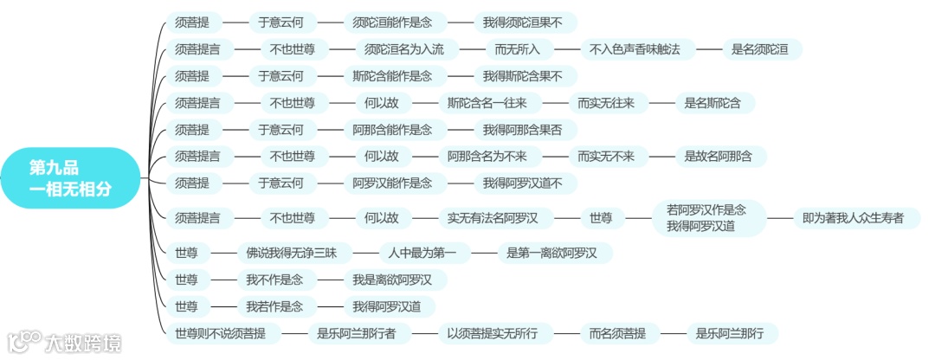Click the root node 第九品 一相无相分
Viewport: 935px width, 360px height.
pyautogui.click(x=70, y=177)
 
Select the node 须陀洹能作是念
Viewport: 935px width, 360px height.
pyautogui.click(x=392, y=22)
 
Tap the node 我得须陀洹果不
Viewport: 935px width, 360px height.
pyautogui.click(x=522, y=22)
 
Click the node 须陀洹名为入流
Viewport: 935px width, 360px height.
pyautogui.click(x=404, y=49)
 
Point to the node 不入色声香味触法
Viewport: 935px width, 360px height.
pyautogui.click(x=635, y=49)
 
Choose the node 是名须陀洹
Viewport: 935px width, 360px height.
pyautogui.click(x=760, y=49)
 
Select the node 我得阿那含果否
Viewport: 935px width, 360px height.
pyautogui.click(x=522, y=130)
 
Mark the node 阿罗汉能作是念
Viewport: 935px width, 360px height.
pyautogui.click(x=392, y=183)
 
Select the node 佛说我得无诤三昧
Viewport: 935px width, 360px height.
pyautogui.click(x=298, y=254)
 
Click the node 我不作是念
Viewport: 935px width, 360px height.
pyautogui.click(x=274, y=280)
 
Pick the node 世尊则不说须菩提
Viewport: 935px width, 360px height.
pyautogui.click(x=220, y=333)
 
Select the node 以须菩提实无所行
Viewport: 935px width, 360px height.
pyautogui.click(x=493, y=333)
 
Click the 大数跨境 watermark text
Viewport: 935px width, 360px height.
pyautogui.click(x=83, y=343)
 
